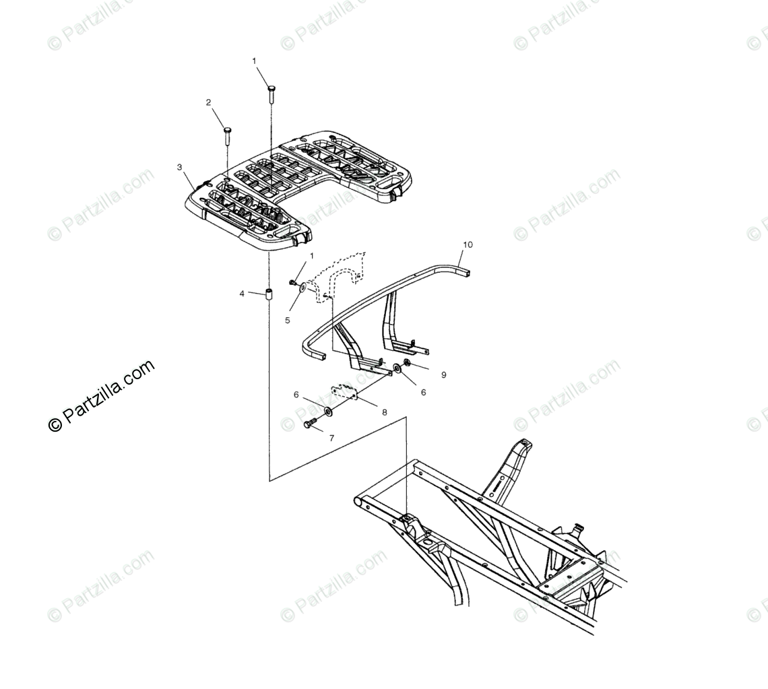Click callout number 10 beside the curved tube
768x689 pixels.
click(468, 244)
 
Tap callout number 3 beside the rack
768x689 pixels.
click(179, 166)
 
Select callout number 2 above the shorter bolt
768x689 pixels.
click(208, 103)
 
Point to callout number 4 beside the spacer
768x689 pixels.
click(242, 294)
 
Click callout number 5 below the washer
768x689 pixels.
click(287, 321)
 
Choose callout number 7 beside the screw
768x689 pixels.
click(331, 438)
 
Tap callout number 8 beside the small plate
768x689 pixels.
click(385, 412)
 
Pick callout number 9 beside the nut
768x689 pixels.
click(443, 375)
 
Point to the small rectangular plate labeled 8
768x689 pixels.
click(344, 393)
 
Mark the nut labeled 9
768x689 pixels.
click(407, 364)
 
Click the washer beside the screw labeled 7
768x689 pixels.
click(327, 411)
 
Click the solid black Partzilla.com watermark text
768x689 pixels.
click(102, 395)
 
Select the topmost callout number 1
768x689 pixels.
click(254, 61)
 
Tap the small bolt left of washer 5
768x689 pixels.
click(293, 282)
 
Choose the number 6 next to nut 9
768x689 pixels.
click(423, 392)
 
